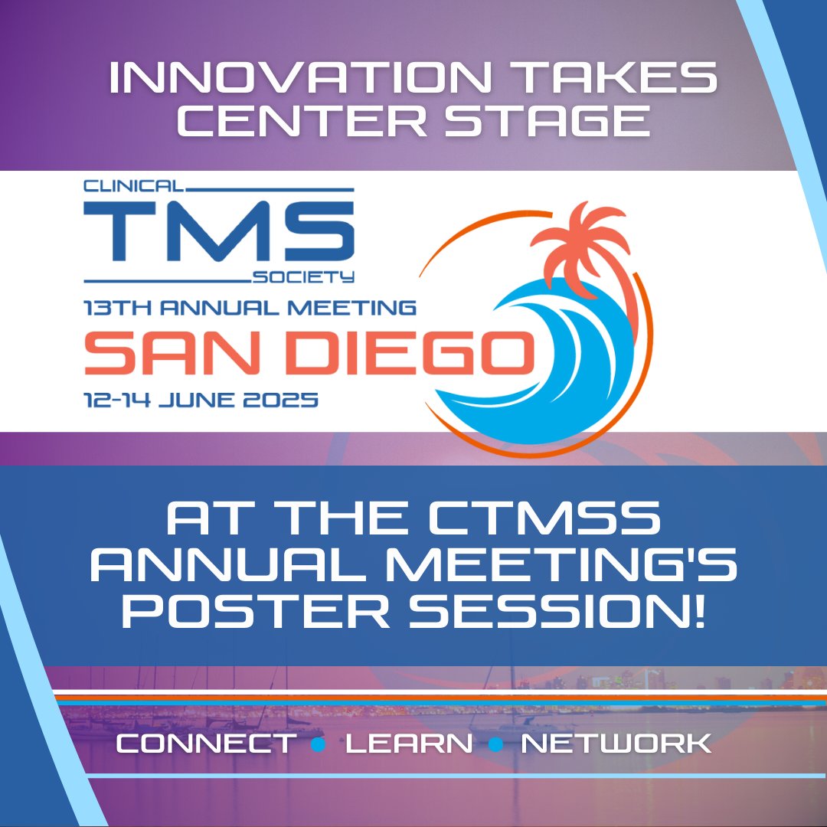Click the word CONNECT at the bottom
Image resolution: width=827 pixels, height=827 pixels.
click(x=205, y=743)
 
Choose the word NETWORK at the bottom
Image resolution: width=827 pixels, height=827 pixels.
click(x=616, y=743)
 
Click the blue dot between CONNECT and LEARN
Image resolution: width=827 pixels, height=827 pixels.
click(x=320, y=744)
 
